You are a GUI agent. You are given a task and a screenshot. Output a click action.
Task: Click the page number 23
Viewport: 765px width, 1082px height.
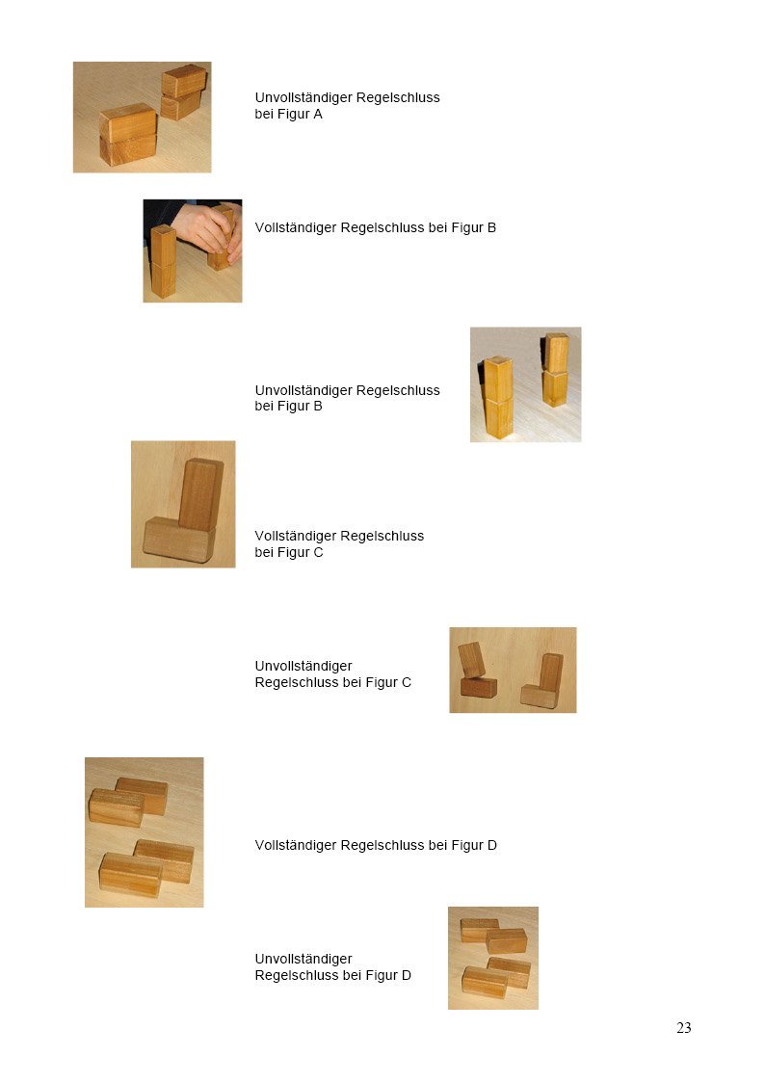pyautogui.click(x=684, y=1027)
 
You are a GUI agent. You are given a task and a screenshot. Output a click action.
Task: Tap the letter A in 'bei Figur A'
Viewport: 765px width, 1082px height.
pyautogui.click(x=317, y=114)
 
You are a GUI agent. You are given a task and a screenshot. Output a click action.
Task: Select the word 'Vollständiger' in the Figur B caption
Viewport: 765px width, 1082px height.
pyautogui.click(x=295, y=227)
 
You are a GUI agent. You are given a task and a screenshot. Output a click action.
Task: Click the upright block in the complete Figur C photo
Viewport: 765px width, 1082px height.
pyautogui.click(x=200, y=494)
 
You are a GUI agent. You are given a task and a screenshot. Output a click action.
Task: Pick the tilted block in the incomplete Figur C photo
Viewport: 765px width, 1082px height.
pyautogui.click(x=472, y=660)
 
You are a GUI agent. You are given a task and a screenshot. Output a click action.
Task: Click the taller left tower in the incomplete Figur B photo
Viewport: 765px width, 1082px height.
pyautogui.click(x=499, y=398)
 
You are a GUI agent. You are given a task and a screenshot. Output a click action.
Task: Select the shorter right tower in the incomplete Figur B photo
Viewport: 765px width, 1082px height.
pyautogui.click(x=555, y=370)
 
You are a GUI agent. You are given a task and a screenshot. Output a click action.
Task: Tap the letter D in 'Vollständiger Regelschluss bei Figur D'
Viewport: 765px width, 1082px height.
pyautogui.click(x=491, y=845)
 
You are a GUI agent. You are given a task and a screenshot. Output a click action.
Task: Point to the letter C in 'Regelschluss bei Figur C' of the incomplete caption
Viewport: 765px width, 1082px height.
pyautogui.click(x=407, y=682)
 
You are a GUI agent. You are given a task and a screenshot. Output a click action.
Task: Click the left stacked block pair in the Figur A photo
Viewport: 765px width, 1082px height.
pyautogui.click(x=128, y=133)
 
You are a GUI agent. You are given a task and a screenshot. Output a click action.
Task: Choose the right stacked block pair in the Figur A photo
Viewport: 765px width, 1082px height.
pyautogui.click(x=183, y=92)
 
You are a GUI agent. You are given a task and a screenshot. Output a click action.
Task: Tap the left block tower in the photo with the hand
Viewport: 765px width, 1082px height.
pyautogui.click(x=163, y=261)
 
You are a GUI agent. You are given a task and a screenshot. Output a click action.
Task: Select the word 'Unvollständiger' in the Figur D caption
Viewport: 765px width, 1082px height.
pyautogui.click(x=303, y=960)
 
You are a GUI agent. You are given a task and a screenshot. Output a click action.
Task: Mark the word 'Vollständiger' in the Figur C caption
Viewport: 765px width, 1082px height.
pyautogui.click(x=295, y=536)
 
